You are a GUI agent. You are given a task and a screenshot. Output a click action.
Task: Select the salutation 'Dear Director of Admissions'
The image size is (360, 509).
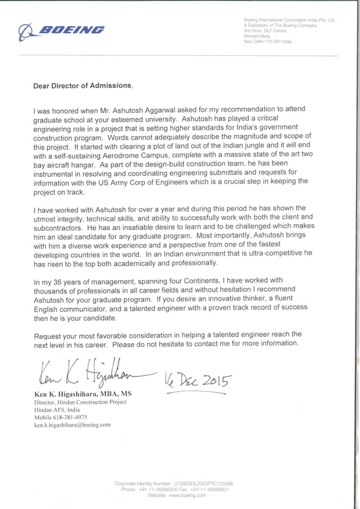(x=82, y=86)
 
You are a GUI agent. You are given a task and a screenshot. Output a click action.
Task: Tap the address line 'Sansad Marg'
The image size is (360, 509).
(x=257, y=36)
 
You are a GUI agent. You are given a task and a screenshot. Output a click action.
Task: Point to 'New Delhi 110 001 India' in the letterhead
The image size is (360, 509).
(x=267, y=42)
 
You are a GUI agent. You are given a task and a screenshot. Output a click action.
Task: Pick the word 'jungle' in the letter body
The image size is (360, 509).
(x=261, y=146)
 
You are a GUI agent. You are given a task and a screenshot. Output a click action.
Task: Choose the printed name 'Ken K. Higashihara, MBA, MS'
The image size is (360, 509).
(x=83, y=393)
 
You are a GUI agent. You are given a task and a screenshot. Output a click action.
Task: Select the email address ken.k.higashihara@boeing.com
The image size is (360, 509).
(x=72, y=425)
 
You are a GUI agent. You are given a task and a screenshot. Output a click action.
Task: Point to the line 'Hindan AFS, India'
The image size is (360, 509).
(x=57, y=410)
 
